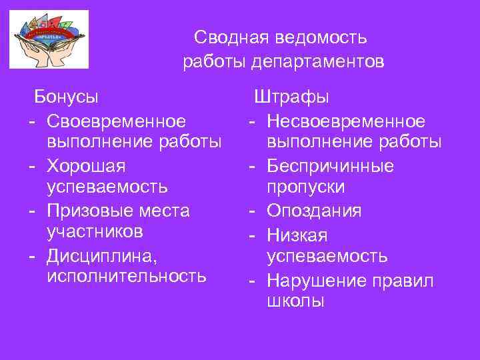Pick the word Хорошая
[x=86, y=165]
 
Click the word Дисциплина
[x=101, y=255]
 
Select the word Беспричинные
[x=330, y=165]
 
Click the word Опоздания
[x=314, y=211]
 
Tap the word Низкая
[x=297, y=234]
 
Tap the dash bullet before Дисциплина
[x=32, y=255]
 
